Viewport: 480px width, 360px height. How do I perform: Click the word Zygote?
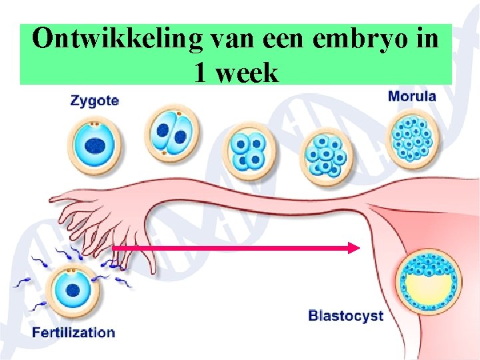[95, 101]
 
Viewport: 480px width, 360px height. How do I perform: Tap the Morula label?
[412, 96]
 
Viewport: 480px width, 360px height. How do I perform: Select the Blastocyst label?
[345, 315]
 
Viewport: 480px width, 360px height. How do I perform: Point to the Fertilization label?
[73, 332]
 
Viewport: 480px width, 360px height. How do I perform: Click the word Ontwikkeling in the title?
[116, 40]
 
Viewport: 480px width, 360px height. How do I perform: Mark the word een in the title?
[291, 40]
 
